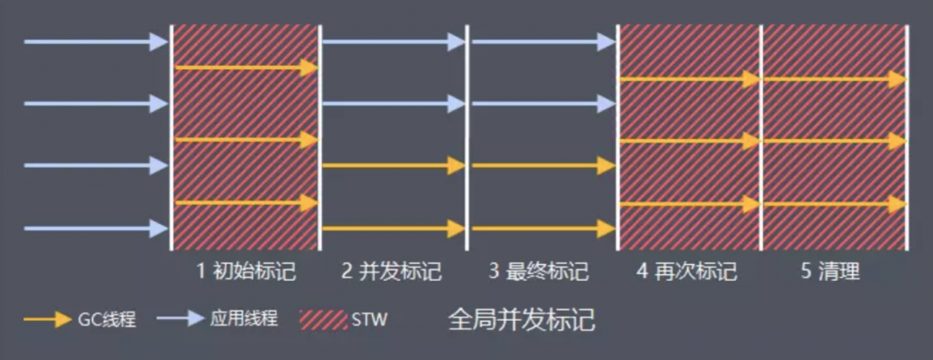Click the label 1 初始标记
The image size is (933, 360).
tap(246, 272)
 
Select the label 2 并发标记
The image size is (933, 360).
tap(391, 272)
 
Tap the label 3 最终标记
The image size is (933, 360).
tap(538, 272)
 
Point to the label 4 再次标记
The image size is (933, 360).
tap(687, 272)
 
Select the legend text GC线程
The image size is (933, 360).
tap(108, 320)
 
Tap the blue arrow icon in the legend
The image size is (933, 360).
tap(181, 319)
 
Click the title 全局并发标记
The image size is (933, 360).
tap(522, 320)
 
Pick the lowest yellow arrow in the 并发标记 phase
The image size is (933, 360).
tap(393, 228)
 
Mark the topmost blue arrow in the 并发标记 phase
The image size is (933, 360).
tap(393, 42)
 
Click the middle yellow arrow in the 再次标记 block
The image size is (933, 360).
tap(690, 142)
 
